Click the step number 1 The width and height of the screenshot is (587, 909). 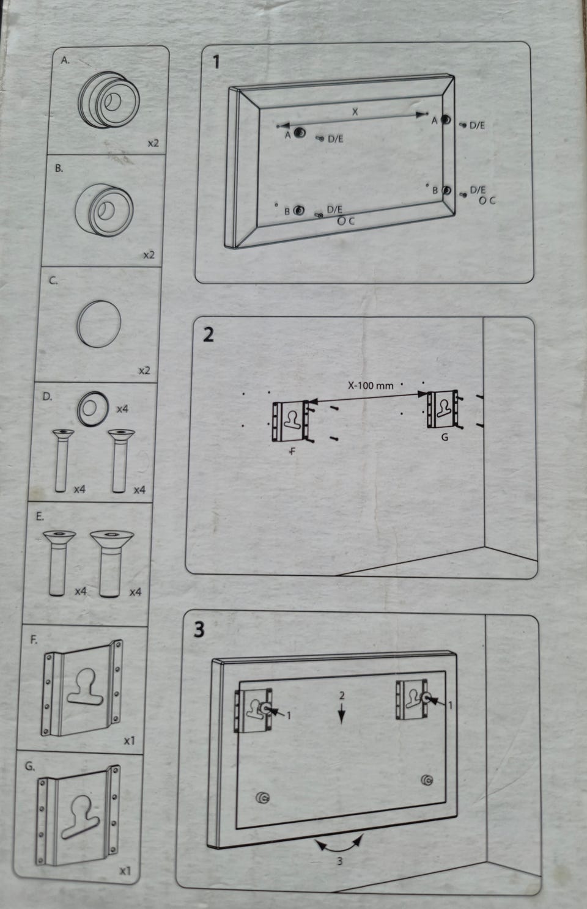coord(216,63)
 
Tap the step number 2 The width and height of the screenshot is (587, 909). coord(209,335)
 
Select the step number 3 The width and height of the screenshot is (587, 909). coord(199,630)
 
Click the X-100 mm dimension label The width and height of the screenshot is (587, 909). coord(371,386)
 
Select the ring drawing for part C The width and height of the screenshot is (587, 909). coord(98,324)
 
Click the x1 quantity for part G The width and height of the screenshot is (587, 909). coord(125,870)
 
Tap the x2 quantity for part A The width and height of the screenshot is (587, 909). coord(153,143)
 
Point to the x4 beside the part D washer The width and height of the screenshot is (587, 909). coord(123,408)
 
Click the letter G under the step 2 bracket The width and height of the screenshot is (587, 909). coord(445,437)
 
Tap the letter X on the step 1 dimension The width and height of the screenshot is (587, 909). coord(355,111)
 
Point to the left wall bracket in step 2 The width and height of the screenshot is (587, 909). coord(290,421)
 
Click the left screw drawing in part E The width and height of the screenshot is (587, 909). coord(59,563)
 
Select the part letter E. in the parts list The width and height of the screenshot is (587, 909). coord(40,517)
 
